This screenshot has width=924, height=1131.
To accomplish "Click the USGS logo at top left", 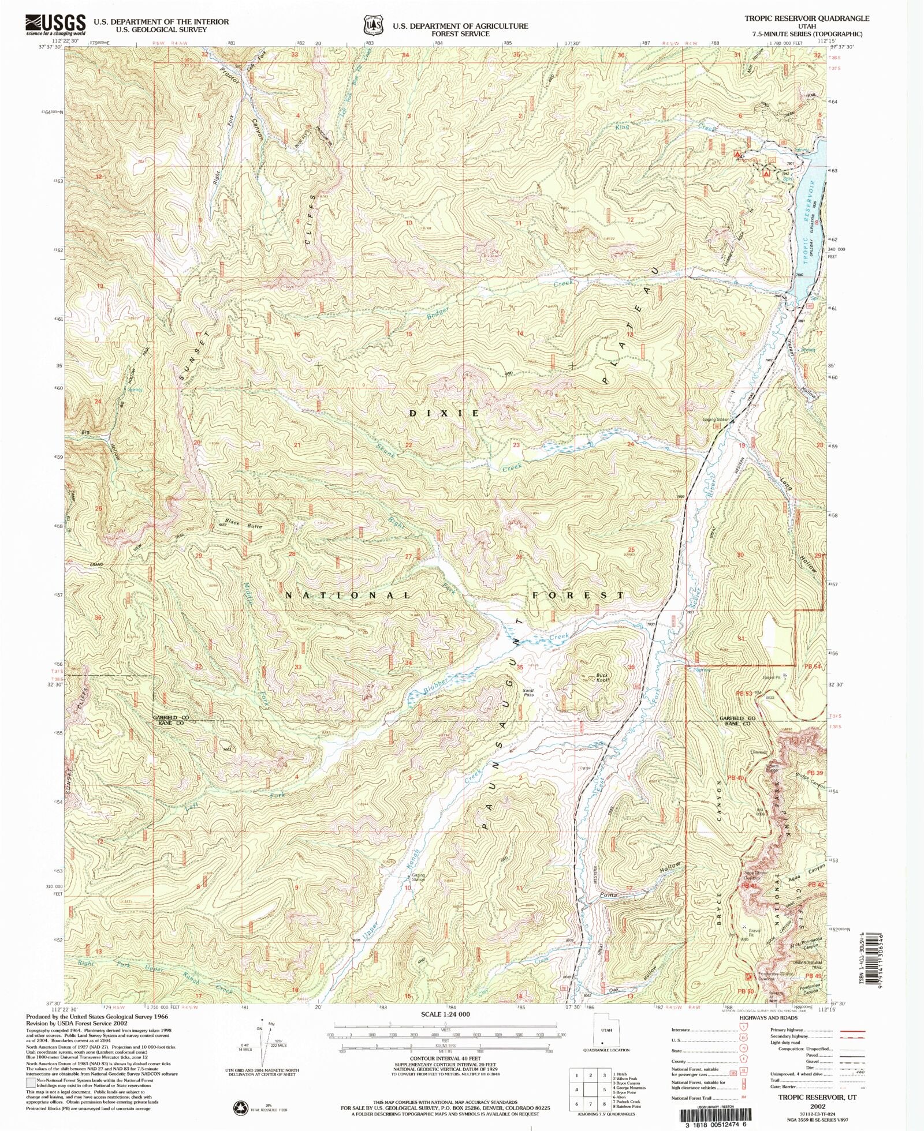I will pyautogui.click(x=55, y=25).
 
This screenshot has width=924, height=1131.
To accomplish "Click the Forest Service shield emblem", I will pyautogui.click(x=374, y=26).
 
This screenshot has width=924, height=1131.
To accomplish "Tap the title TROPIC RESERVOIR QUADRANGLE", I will pyautogui.click(x=806, y=18).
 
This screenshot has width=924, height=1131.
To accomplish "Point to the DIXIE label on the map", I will pyautogui.click(x=444, y=413).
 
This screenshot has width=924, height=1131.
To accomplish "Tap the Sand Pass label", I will pyautogui.click(x=528, y=692).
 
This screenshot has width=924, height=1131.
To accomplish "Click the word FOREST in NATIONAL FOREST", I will pyautogui.click(x=578, y=595).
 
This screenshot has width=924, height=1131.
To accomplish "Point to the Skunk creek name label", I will pyautogui.click(x=386, y=450).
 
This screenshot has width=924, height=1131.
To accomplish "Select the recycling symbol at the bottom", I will pyautogui.click(x=240, y=1108).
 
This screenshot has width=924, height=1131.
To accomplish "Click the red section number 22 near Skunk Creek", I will pyautogui.click(x=408, y=445).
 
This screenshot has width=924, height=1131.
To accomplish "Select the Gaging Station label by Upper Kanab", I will pyautogui.click(x=418, y=877).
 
